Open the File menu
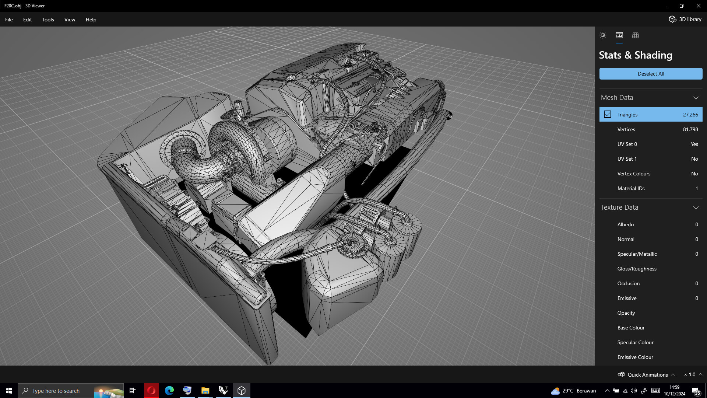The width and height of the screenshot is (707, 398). pos(9,20)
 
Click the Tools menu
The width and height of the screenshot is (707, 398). pos(48,20)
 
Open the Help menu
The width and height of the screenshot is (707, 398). pos(91,20)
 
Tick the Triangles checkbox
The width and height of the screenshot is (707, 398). pos(608,115)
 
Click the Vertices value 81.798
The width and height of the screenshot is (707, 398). pos(690,129)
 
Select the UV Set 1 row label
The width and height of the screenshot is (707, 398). pos(627,159)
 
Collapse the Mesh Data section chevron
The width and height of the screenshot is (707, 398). pos(696,98)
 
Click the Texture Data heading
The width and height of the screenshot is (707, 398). pos(619,207)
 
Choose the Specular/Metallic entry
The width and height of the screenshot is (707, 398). pos(637,254)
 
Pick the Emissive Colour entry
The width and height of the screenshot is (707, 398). pos(635,357)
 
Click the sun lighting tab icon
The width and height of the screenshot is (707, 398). pos(603,35)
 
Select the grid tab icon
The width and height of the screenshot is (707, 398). pos(635,35)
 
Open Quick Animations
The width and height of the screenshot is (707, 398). pos(647,375)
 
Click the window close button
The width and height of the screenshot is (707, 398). pos(698,6)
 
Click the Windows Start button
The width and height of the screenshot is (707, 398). pos(9,391)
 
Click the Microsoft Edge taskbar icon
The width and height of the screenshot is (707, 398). pos(169,391)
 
